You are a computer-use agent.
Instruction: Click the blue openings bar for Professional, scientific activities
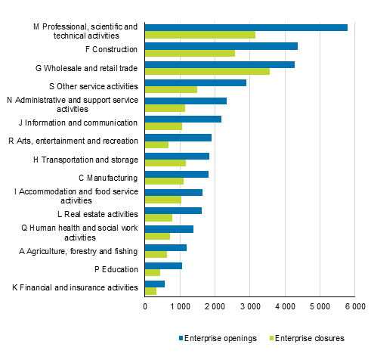pyautogui.click(x=246, y=27)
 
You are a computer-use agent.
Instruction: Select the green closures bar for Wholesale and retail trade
pyautogui.click(x=207, y=72)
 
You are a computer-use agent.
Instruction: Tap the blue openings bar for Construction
pyautogui.click(x=221, y=46)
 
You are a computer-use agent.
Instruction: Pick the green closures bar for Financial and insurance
pyautogui.click(x=150, y=291)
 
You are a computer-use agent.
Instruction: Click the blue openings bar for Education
pyautogui.click(x=163, y=265)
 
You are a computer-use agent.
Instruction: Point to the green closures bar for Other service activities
pyautogui.click(x=171, y=90)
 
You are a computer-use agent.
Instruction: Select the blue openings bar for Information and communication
pyautogui.click(x=183, y=119)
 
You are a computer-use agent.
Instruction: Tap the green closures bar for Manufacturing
pyautogui.click(x=164, y=182)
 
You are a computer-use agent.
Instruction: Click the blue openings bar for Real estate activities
pyautogui.click(x=173, y=211)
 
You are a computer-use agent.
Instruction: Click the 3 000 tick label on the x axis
pyautogui.click(x=249, y=306)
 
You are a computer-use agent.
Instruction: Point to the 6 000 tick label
pyautogui.click(x=354, y=306)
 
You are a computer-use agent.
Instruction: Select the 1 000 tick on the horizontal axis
pyautogui.click(x=180, y=306)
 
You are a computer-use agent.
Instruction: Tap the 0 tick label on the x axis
pyautogui.click(x=145, y=306)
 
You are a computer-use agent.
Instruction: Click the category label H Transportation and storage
pyautogui.click(x=86, y=160)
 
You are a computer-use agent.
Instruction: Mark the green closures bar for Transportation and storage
pyautogui.click(x=165, y=163)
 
